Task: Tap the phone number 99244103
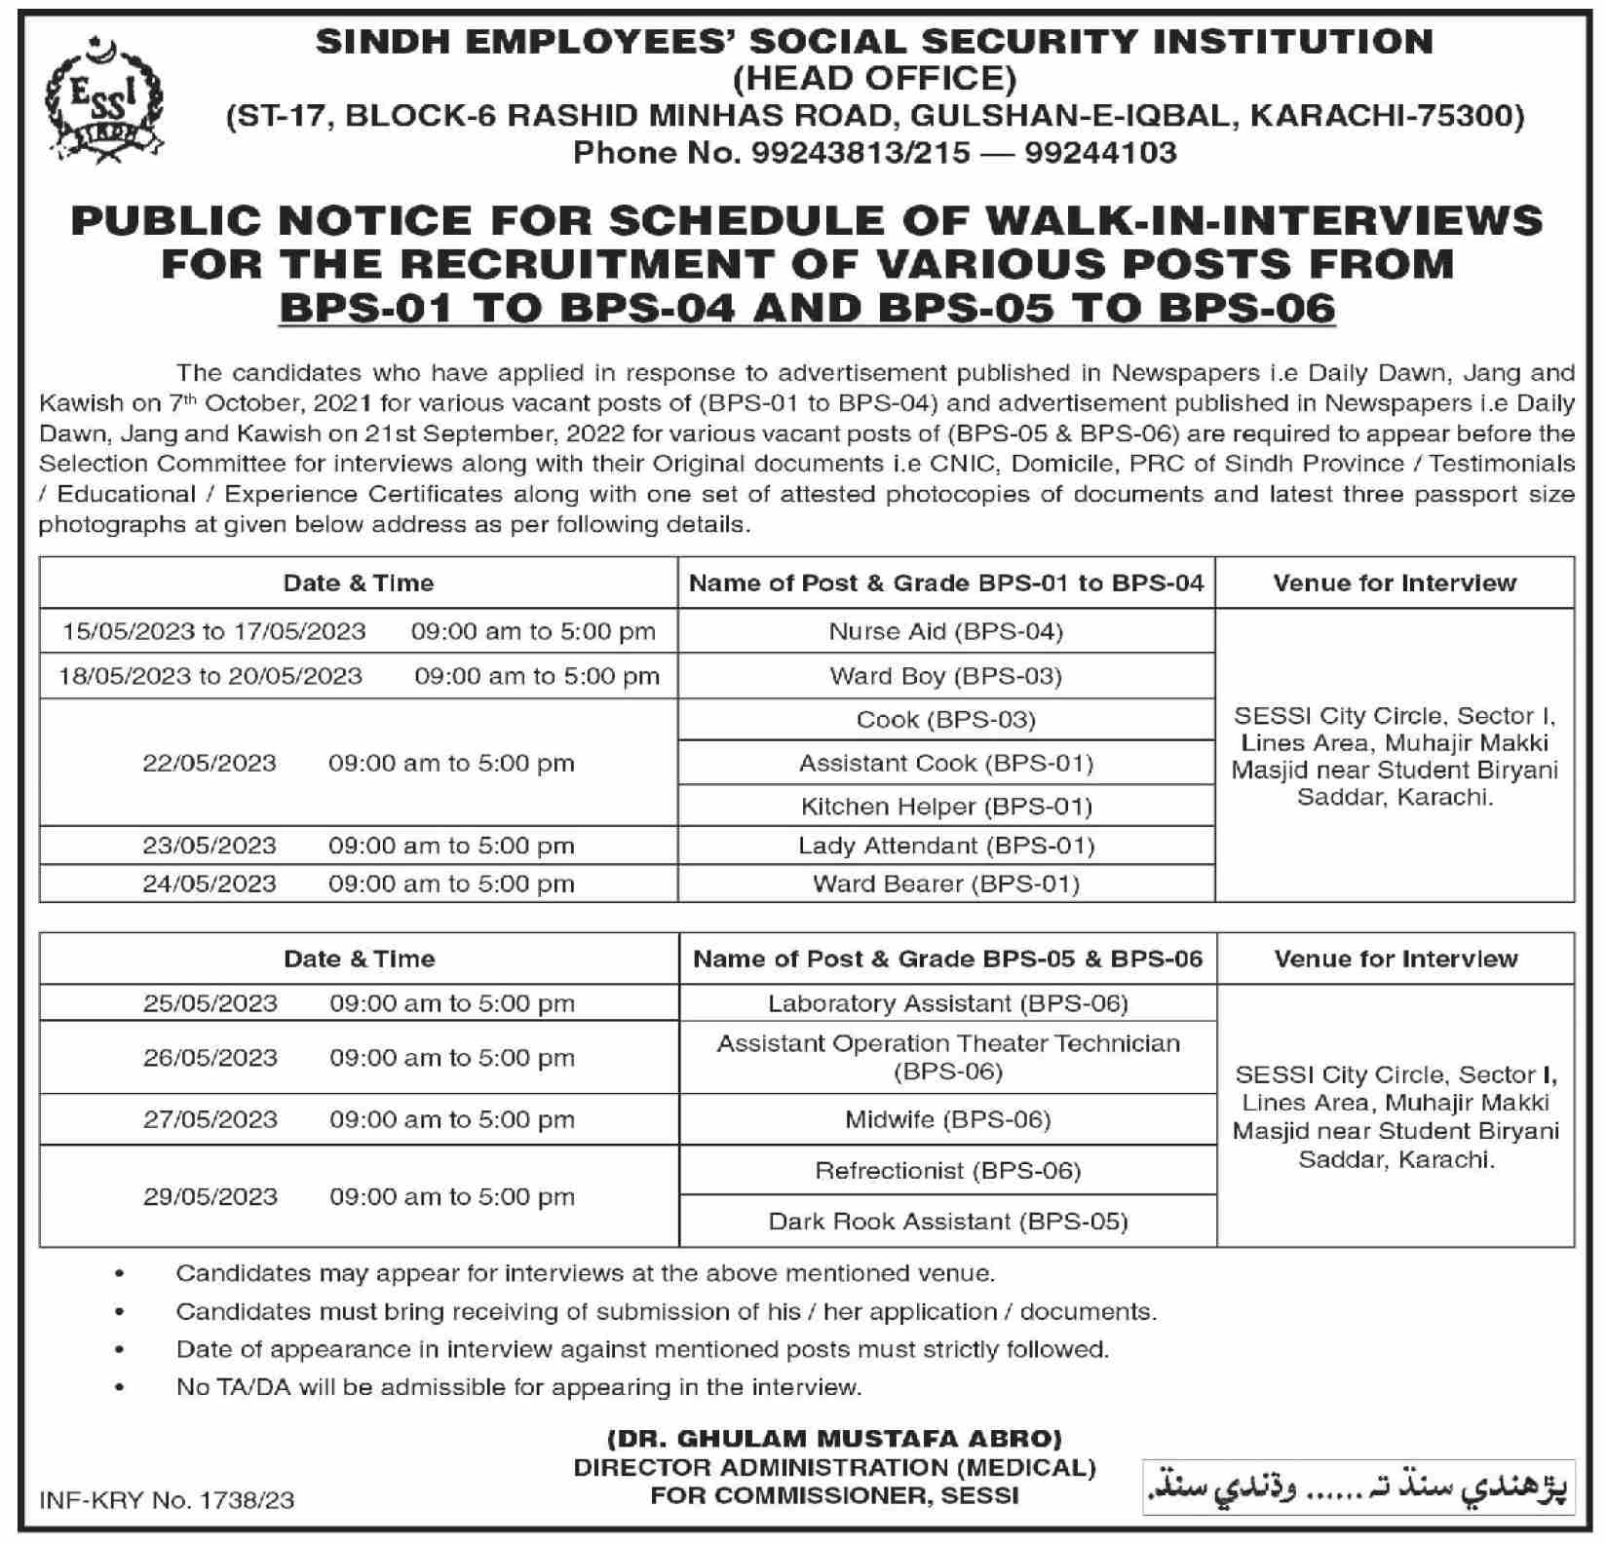[1100, 153]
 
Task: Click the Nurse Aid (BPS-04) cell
[945, 631]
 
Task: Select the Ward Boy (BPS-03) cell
[945, 676]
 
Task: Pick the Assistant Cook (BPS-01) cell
[945, 763]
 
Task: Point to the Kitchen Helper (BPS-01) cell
[945, 807]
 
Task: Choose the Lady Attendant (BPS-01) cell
[945, 846]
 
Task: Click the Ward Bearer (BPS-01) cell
[945, 884]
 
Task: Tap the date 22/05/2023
[210, 763]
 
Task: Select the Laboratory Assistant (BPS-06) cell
[947, 1003]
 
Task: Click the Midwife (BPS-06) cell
[947, 1120]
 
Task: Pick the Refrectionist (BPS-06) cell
[947, 1171]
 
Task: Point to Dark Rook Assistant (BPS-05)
[947, 1222]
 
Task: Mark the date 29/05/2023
[210, 1196]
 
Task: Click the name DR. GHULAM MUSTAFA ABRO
[834, 1439]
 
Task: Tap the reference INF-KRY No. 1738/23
[167, 1500]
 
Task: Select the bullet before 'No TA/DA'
[120, 1387]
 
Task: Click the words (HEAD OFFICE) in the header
[874, 78]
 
